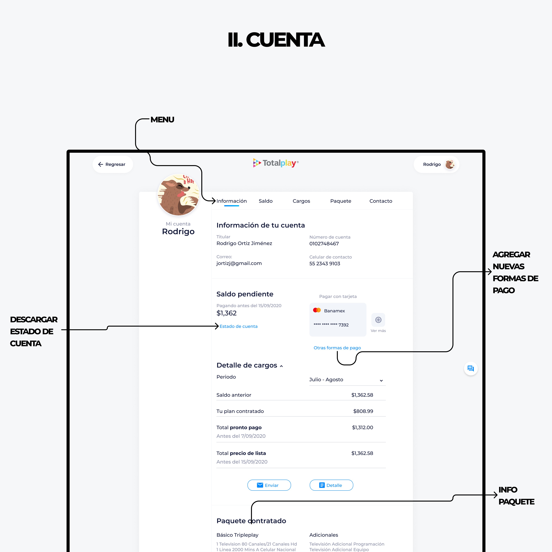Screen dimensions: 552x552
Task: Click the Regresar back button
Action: (x=113, y=164)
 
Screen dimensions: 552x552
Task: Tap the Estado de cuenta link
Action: (x=239, y=326)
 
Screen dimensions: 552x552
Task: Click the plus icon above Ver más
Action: (x=378, y=320)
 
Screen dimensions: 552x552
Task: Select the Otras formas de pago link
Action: (x=337, y=348)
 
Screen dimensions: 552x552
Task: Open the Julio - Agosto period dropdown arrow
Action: (x=381, y=380)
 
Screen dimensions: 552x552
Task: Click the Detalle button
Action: (x=331, y=485)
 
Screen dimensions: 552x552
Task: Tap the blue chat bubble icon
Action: (x=471, y=369)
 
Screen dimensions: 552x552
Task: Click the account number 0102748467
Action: (x=324, y=244)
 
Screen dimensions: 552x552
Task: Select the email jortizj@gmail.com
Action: (x=239, y=263)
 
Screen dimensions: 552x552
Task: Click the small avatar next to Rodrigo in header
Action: (x=450, y=164)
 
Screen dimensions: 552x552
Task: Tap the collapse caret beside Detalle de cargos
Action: (x=281, y=366)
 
